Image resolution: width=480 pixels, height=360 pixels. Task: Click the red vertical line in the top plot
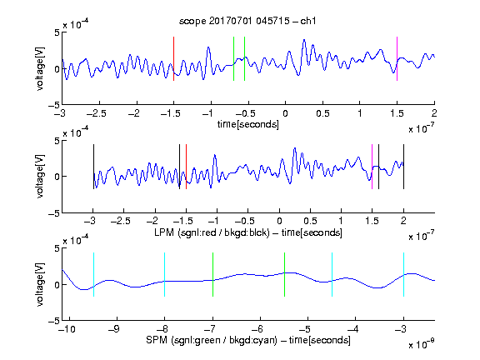pyautogui.click(x=173, y=59)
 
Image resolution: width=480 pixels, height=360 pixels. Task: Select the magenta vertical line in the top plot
pyautogui.click(x=397, y=59)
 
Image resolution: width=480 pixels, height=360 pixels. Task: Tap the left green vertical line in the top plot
pyautogui.click(x=233, y=59)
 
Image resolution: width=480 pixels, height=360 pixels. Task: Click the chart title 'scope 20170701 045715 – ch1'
pyautogui.click(x=247, y=21)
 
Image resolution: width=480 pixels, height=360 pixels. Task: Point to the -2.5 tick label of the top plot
pyautogui.click(x=96, y=113)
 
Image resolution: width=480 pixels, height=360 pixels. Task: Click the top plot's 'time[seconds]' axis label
pyautogui.click(x=248, y=124)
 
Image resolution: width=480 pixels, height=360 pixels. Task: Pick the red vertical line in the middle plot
pyautogui.click(x=186, y=167)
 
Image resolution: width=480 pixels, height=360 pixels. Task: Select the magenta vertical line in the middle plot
pyautogui.click(x=372, y=167)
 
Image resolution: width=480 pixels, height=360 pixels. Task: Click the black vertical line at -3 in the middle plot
pyautogui.click(x=93, y=167)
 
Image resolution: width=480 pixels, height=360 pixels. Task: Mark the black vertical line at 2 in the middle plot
pyautogui.click(x=403, y=167)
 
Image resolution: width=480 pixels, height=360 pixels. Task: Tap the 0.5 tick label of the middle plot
pyautogui.click(x=310, y=221)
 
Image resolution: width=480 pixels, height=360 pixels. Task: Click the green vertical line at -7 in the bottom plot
pyautogui.click(x=212, y=275)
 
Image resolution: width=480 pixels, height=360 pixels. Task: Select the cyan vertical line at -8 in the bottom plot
pyautogui.click(x=164, y=275)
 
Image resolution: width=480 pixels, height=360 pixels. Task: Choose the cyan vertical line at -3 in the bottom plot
pyautogui.click(x=403, y=275)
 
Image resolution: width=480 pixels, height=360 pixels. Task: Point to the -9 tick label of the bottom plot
pyautogui.click(x=113, y=329)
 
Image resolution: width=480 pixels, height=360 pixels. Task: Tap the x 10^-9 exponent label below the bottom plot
pyautogui.click(x=421, y=344)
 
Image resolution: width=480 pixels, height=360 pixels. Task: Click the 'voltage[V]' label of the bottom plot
pyautogui.click(x=40, y=284)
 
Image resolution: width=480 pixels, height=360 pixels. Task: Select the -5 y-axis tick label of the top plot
pyautogui.click(x=54, y=105)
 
